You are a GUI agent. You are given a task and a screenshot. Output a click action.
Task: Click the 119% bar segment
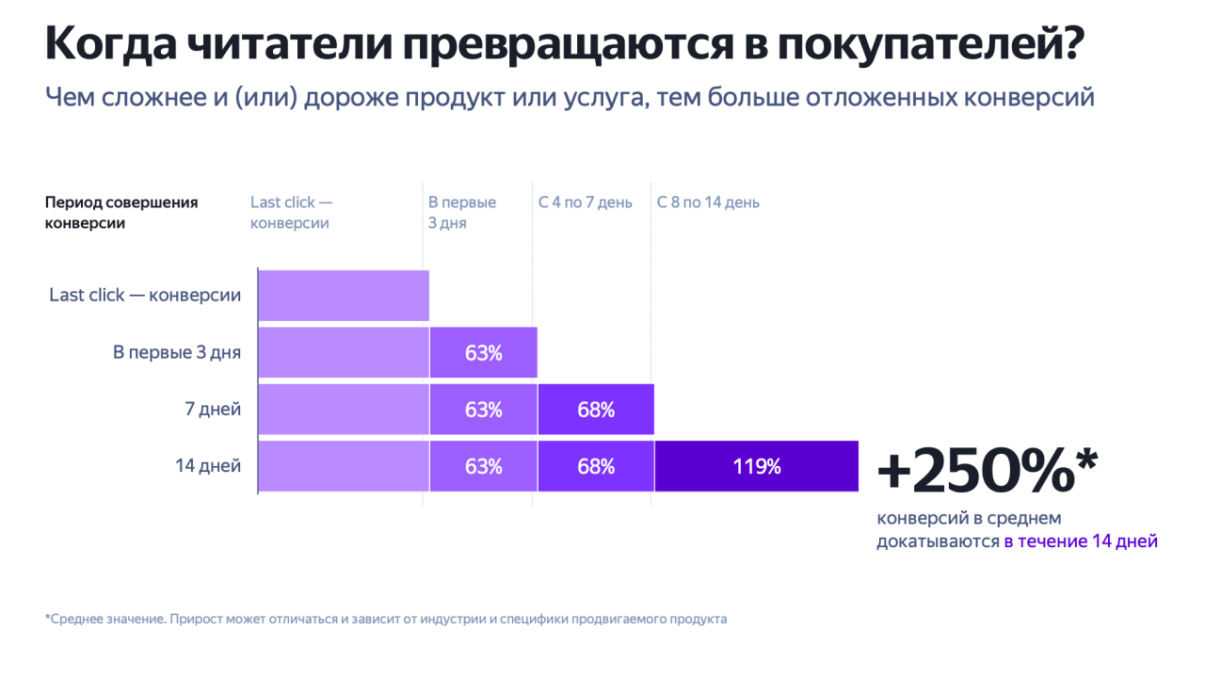pyautogui.click(x=756, y=466)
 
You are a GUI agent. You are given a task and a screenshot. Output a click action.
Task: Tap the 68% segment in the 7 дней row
pyautogui.click(x=595, y=410)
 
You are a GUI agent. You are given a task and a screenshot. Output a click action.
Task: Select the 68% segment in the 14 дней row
pyautogui.click(x=595, y=466)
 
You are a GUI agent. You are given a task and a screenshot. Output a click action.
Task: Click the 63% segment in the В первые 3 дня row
pyautogui.click(x=483, y=353)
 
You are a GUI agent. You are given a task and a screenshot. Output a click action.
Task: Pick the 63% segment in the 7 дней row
pyautogui.click(x=483, y=410)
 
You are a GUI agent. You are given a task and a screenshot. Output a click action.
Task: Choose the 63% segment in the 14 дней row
pyautogui.click(x=483, y=466)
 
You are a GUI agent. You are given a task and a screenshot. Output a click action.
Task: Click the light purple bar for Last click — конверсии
pyautogui.click(x=343, y=296)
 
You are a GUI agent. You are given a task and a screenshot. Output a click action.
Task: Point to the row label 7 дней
pyautogui.click(x=213, y=410)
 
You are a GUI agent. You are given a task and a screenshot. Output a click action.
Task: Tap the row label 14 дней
pyautogui.click(x=208, y=466)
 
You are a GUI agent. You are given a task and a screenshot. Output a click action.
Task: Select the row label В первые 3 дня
pyautogui.click(x=177, y=353)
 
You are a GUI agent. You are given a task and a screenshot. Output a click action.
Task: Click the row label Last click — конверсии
pyautogui.click(x=145, y=296)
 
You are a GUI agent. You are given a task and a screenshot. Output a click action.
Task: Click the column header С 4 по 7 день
pyautogui.click(x=586, y=202)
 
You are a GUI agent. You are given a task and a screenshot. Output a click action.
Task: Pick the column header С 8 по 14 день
pyautogui.click(x=708, y=202)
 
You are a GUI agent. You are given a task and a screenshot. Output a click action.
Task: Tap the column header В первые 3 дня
pyautogui.click(x=461, y=213)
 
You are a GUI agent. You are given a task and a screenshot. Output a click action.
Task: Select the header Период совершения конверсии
pyautogui.click(x=120, y=213)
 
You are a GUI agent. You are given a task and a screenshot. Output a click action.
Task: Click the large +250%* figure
pyautogui.click(x=988, y=470)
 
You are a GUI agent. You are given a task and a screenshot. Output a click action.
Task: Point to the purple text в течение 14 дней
pyautogui.click(x=1081, y=541)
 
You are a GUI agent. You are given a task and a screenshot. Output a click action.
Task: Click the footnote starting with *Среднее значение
pyautogui.click(x=386, y=620)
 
